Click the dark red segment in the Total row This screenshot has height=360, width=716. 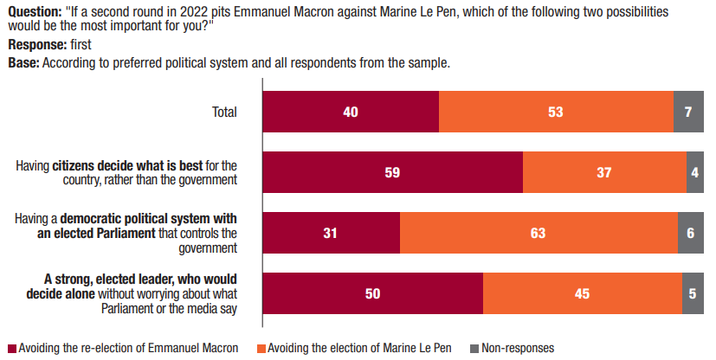351,112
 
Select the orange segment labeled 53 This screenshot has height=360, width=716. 556,112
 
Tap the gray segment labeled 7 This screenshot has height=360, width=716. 688,112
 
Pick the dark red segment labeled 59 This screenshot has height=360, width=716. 392,172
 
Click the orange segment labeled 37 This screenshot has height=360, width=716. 604,172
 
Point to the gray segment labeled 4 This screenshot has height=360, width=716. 695,172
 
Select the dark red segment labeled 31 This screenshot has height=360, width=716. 331,233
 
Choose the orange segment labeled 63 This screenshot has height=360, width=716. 539,233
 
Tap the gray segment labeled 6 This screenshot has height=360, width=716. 691,233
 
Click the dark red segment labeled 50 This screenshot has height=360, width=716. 372,293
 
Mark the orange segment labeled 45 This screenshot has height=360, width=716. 582,293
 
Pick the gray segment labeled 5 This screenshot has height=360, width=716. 693,293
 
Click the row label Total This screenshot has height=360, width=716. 224,112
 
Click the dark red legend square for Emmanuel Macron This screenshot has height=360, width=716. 11,349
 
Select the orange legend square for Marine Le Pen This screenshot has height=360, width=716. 260,349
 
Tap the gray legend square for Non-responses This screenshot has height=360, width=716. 474,349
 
